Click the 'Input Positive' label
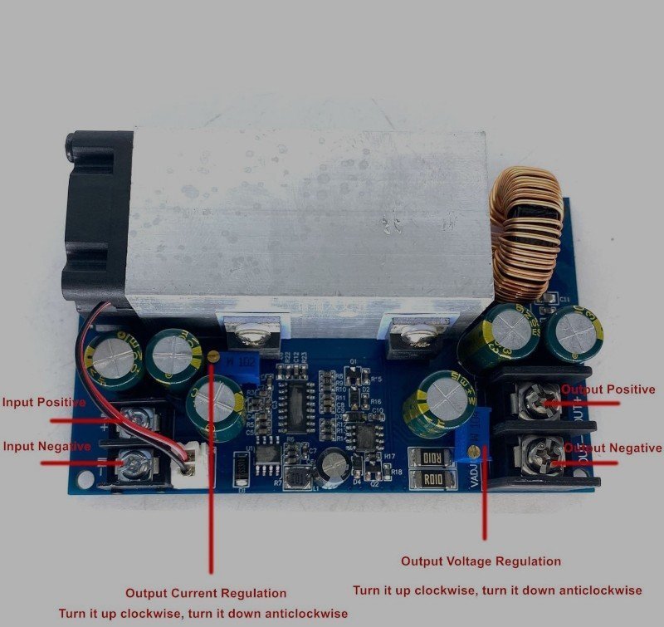coord(43,403)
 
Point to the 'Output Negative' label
coord(613,448)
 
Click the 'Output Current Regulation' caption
coord(206,593)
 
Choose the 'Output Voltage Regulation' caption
coord(481,561)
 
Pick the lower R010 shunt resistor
coord(432,478)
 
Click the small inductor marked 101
coord(296,479)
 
